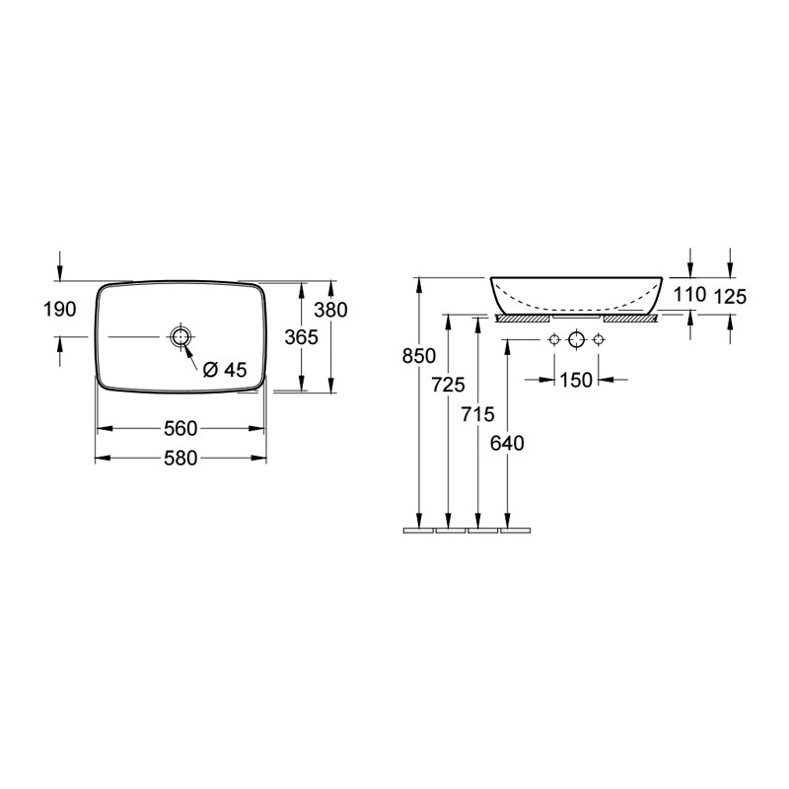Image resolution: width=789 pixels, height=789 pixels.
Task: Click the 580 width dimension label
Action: point(180,459)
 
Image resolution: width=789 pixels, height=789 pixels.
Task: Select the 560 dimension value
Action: point(180,429)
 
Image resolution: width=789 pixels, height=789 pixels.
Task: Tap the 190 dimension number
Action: point(60,310)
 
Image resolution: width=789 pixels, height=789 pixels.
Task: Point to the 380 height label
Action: point(330,310)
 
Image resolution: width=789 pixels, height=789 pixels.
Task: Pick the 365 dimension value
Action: point(302,337)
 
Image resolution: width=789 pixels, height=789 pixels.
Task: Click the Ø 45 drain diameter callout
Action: point(225,370)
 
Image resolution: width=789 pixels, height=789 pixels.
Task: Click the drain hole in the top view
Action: point(180,336)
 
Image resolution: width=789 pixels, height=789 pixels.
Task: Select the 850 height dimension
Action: point(418,356)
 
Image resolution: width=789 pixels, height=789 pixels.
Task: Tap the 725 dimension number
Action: point(449,385)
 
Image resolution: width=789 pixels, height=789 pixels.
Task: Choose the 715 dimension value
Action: point(477,414)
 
